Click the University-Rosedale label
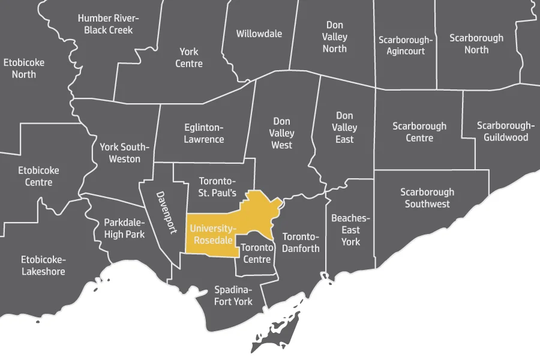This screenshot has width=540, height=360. (212, 235)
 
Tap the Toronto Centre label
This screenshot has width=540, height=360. (257, 253)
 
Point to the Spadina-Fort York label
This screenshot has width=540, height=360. (233, 296)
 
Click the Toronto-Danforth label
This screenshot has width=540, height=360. (301, 242)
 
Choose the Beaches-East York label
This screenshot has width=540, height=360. (351, 230)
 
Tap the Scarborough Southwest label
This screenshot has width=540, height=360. (427, 198)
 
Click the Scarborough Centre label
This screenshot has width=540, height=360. (419, 132)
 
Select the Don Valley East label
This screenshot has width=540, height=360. (344, 127)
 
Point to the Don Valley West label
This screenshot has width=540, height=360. (281, 133)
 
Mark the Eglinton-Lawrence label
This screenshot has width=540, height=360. (203, 133)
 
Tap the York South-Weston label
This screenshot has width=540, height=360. (124, 153)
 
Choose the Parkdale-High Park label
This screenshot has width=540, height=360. (124, 228)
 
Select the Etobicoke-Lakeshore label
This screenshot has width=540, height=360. (43, 265)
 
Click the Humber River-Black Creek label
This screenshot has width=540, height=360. (109, 24)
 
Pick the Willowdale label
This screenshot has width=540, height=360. (259, 34)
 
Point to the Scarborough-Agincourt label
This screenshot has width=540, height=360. (405, 45)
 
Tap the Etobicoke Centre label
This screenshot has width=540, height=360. (38, 176)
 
